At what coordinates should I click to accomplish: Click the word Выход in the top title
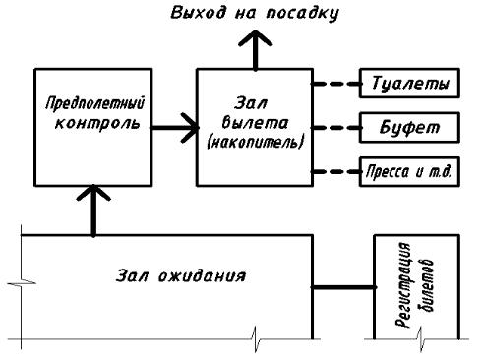(199, 13)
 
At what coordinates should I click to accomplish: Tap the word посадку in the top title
(302, 14)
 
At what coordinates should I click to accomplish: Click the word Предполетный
(94, 103)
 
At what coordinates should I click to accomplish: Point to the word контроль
(97, 123)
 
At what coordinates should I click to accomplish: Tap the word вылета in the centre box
(255, 123)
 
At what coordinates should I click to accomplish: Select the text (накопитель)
(255, 143)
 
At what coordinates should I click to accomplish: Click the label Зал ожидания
(181, 275)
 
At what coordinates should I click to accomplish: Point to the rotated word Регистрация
(403, 285)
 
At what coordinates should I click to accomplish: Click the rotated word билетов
(425, 285)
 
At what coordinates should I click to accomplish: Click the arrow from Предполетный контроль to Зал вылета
(174, 128)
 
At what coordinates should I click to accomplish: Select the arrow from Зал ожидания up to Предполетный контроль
(93, 210)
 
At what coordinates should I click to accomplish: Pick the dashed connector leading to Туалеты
(335, 84)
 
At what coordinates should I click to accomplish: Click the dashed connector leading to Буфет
(335, 128)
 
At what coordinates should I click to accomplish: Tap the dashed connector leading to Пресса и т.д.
(335, 171)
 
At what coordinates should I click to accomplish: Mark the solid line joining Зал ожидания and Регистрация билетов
(343, 287)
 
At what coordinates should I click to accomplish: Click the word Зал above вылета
(251, 103)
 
